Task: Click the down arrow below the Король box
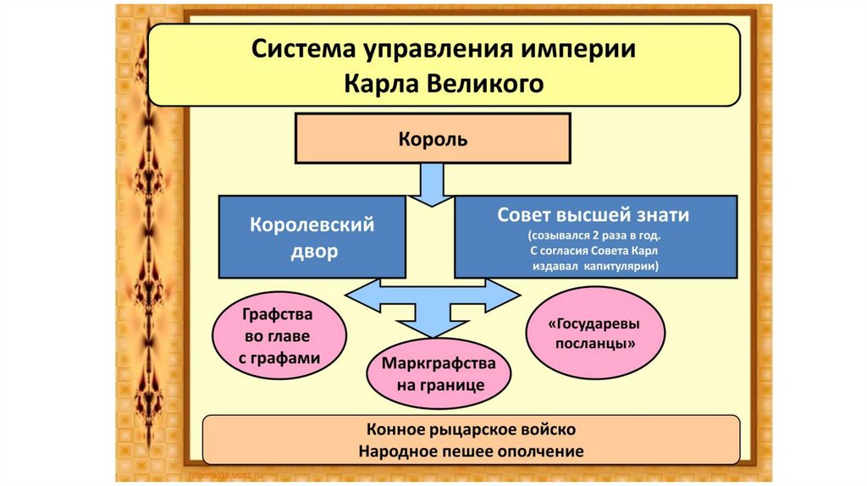(433, 185)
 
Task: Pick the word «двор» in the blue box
(311, 251)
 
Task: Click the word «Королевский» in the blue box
(312, 226)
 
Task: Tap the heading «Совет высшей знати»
(593, 215)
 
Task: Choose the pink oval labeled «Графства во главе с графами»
(278, 336)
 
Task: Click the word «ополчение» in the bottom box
(544, 450)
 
